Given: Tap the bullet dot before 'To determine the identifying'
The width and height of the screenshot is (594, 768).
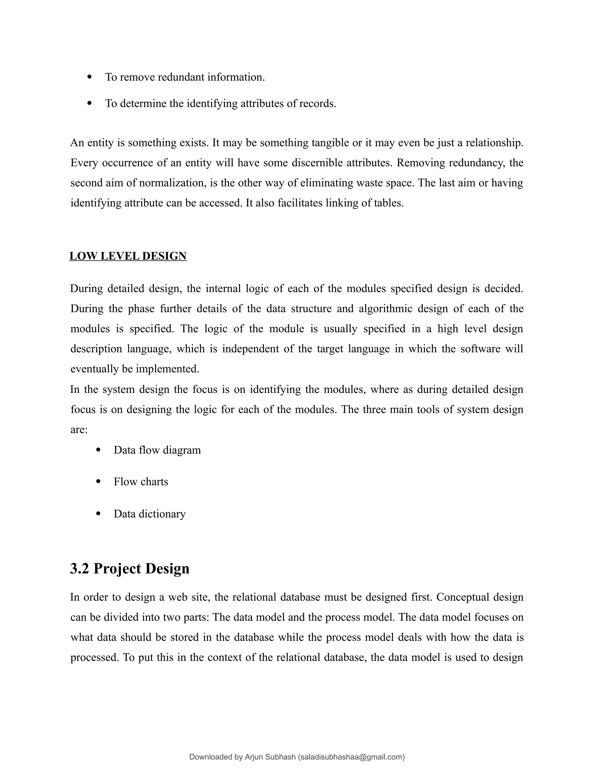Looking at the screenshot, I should tap(89, 103).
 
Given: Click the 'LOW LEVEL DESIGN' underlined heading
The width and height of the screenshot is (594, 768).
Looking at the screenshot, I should tap(128, 256).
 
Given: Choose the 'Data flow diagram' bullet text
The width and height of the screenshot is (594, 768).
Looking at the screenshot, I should tap(157, 450).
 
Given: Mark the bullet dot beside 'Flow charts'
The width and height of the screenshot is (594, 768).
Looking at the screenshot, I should tap(98, 481).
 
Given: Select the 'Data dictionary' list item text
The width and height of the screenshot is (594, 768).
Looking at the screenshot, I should tap(150, 514).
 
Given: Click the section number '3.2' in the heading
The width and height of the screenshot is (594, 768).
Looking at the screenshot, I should tap(79, 569).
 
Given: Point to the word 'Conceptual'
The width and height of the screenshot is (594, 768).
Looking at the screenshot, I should tap(462, 597).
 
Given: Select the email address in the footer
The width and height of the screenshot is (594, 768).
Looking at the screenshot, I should tap(351, 757).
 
